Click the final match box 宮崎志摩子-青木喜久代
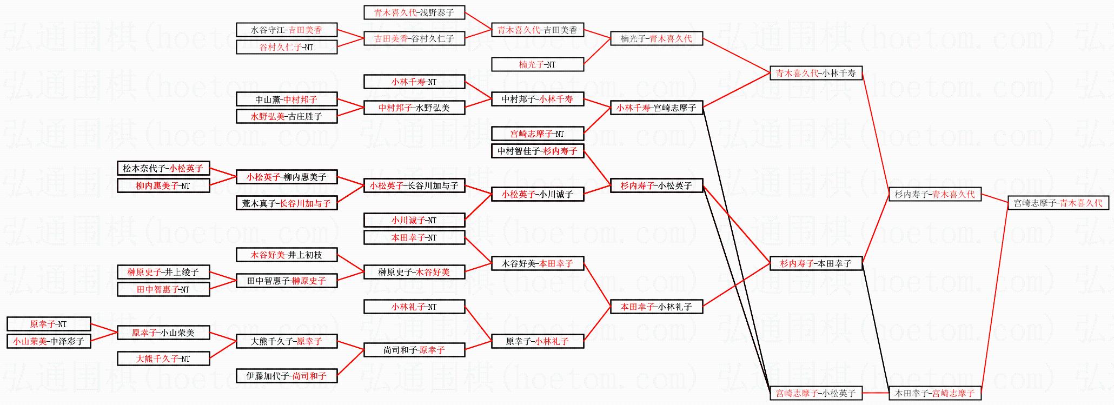tap(1058, 203)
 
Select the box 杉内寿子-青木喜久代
tap(934, 194)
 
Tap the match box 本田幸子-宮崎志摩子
tap(934, 393)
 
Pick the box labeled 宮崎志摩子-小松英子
tap(815, 393)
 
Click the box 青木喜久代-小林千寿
tap(815, 73)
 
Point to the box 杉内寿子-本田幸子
tap(815, 263)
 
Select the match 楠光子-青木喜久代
tap(656, 38)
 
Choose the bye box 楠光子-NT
tap(537, 64)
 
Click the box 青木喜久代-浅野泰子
tap(414, 12)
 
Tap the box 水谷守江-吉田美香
tap(287, 30)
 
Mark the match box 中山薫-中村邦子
tap(287, 99)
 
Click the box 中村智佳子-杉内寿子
tap(537, 151)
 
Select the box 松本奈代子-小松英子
tap(163, 168)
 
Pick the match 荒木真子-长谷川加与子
tap(287, 203)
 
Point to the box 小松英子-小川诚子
tap(537, 194)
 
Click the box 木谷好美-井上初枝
tap(287, 255)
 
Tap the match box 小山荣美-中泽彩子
tap(49, 341)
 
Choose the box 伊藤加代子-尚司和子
tap(287, 376)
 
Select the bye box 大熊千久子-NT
tap(163, 358)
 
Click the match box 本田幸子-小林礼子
tap(656, 307)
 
